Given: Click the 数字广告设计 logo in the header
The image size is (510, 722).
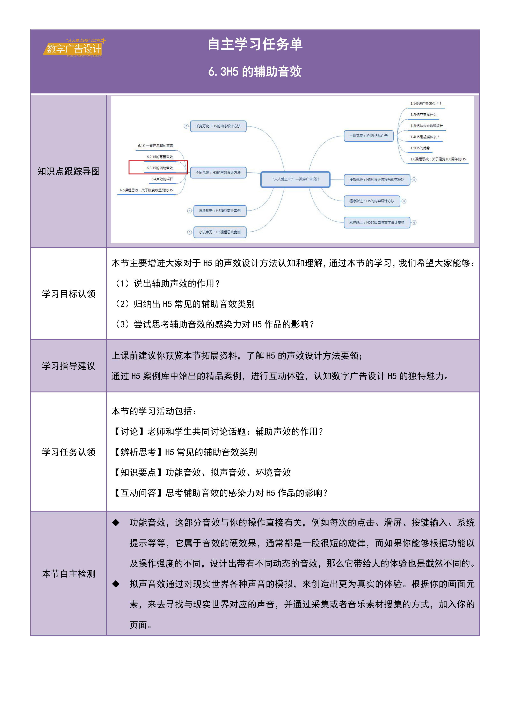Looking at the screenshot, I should (74, 48).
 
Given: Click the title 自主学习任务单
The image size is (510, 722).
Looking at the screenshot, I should (255, 44).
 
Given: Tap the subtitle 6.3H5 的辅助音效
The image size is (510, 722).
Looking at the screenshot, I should (255, 72).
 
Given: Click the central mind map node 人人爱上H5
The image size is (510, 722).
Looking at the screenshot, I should (295, 179).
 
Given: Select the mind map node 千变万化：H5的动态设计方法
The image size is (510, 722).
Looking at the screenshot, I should (218, 126).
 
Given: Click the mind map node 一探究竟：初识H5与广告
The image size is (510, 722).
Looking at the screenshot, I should (368, 136).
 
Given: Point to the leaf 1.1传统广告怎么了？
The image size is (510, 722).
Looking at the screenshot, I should (425, 104).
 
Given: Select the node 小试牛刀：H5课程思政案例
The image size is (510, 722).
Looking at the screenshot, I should (220, 232).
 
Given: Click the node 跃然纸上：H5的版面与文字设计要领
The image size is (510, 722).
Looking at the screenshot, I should (377, 222).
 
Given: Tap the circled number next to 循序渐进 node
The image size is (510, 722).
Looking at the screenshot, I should (404, 201).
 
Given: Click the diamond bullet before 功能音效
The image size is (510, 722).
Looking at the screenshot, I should (116, 523).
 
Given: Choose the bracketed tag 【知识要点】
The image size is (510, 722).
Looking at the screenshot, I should (138, 472).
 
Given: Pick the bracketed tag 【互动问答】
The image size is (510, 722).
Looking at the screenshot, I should (138, 493).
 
